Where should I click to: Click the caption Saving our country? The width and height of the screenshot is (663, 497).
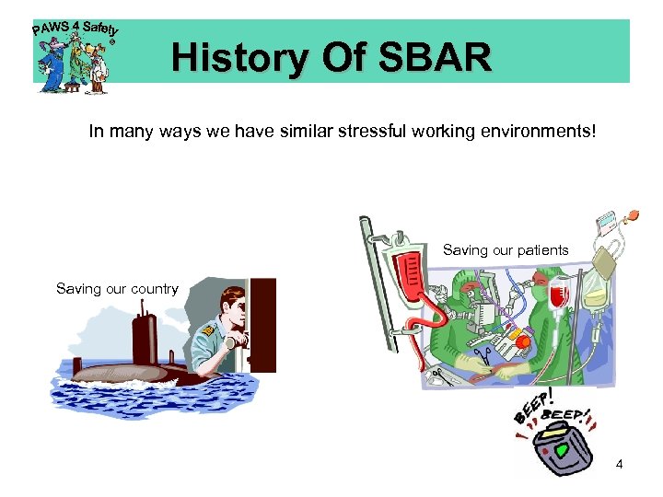117,288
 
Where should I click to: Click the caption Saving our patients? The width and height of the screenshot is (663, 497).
506,249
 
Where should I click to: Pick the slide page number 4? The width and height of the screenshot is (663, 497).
619,464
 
